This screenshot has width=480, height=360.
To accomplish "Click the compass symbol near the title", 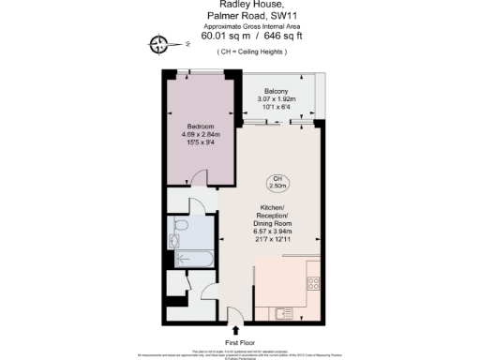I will point(159,42).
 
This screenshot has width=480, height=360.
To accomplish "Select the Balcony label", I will point(277,90).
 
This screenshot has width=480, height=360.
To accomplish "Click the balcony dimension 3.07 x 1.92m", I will point(277,98).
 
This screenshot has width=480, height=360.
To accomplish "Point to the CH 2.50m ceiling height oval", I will point(277,183).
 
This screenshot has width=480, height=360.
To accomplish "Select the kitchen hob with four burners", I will point(313,282).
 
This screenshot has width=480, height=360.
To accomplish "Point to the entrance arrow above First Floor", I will point(234,329).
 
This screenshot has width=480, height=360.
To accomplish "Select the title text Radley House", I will point(240,4).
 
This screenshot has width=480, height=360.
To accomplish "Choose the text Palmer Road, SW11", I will point(240,15).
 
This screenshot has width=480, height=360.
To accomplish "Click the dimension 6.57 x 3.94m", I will point(277,232).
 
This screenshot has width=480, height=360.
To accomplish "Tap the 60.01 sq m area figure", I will point(215,36).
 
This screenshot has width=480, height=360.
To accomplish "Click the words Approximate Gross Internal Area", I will point(240,25).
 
